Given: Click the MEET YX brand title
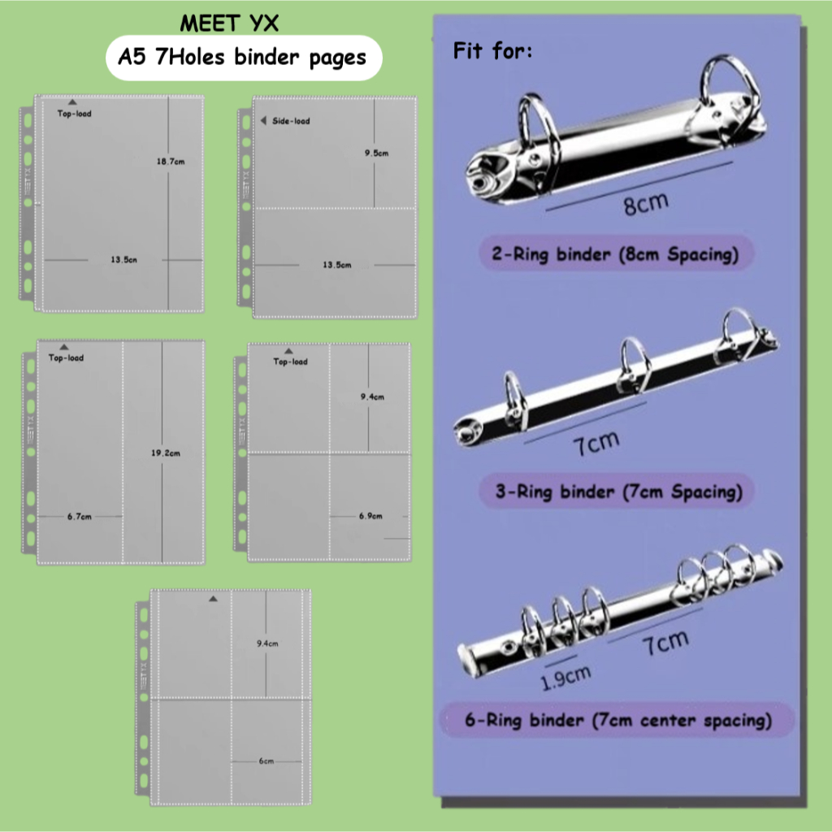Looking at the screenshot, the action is pyautogui.click(x=229, y=24).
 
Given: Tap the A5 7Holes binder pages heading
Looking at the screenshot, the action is pyautogui.click(x=243, y=58).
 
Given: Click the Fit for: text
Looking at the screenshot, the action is pyautogui.click(x=492, y=53).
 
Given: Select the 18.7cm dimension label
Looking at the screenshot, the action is pyautogui.click(x=171, y=162).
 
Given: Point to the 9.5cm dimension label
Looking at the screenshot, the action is pyautogui.click(x=376, y=153).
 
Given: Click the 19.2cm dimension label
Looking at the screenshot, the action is pyautogui.click(x=167, y=453).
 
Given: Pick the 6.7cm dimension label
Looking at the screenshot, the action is pyautogui.click(x=80, y=516).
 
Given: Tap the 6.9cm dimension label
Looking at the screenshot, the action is pyautogui.click(x=370, y=516).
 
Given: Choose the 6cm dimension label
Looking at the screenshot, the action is pyautogui.click(x=266, y=761).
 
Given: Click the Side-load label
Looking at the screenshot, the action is pyautogui.click(x=291, y=121).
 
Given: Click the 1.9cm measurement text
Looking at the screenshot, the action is pyautogui.click(x=566, y=674).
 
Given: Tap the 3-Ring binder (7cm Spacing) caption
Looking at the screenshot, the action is pyautogui.click(x=619, y=492).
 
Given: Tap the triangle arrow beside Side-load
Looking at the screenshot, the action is pyautogui.click(x=262, y=121).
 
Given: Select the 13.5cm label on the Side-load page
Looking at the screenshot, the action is pyautogui.click(x=336, y=265).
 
